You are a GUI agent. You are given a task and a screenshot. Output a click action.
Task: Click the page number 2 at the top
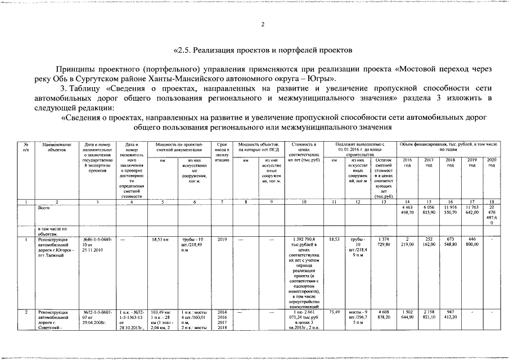tap(263, 24)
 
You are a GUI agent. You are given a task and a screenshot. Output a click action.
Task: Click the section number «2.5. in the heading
tap(185, 49)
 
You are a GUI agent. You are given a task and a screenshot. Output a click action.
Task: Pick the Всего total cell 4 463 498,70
tap(407, 211)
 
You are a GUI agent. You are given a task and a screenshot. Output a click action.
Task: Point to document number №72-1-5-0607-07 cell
tap(97, 318)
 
